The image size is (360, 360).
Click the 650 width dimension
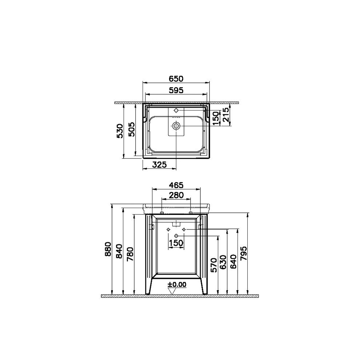[x=176, y=79]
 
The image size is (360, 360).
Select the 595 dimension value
[x=176, y=91]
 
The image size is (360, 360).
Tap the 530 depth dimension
[x=120, y=131]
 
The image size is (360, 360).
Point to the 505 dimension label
[x=131, y=129]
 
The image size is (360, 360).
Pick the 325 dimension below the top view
[x=159, y=164]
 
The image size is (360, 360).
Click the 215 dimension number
[x=226, y=115]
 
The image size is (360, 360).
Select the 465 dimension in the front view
[x=176, y=185]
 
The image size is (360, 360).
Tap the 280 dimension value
[x=176, y=195]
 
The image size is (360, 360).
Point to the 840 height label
[x=119, y=251]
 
